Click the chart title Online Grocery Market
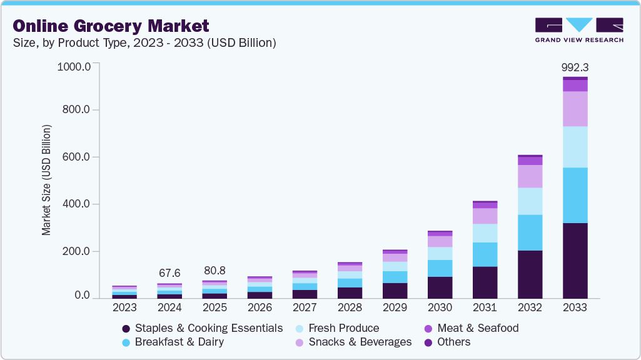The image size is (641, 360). pyautogui.click(x=111, y=26)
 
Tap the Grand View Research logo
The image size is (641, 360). pyautogui.click(x=578, y=30)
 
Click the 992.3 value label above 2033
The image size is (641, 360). pyautogui.click(x=575, y=67)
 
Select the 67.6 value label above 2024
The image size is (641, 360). pyautogui.click(x=169, y=273)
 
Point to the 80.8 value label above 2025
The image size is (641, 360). pyautogui.click(x=215, y=271)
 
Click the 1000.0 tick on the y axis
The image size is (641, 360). pyautogui.click(x=74, y=66)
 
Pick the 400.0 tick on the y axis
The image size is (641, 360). pyautogui.click(x=77, y=204)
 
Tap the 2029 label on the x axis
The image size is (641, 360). pyautogui.click(x=395, y=308)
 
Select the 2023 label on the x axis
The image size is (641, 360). pyautogui.click(x=124, y=308)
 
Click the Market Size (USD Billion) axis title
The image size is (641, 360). pyautogui.click(x=47, y=180)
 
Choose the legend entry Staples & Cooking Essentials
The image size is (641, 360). pyautogui.click(x=202, y=328)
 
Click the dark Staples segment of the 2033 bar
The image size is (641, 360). pyautogui.click(x=575, y=260)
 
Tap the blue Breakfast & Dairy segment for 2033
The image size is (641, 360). pyautogui.click(x=575, y=195)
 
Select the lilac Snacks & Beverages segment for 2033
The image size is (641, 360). pyautogui.click(x=575, y=109)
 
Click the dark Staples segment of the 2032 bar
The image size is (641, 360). pyautogui.click(x=530, y=274)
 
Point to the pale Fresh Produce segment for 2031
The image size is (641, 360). pyautogui.click(x=485, y=233)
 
